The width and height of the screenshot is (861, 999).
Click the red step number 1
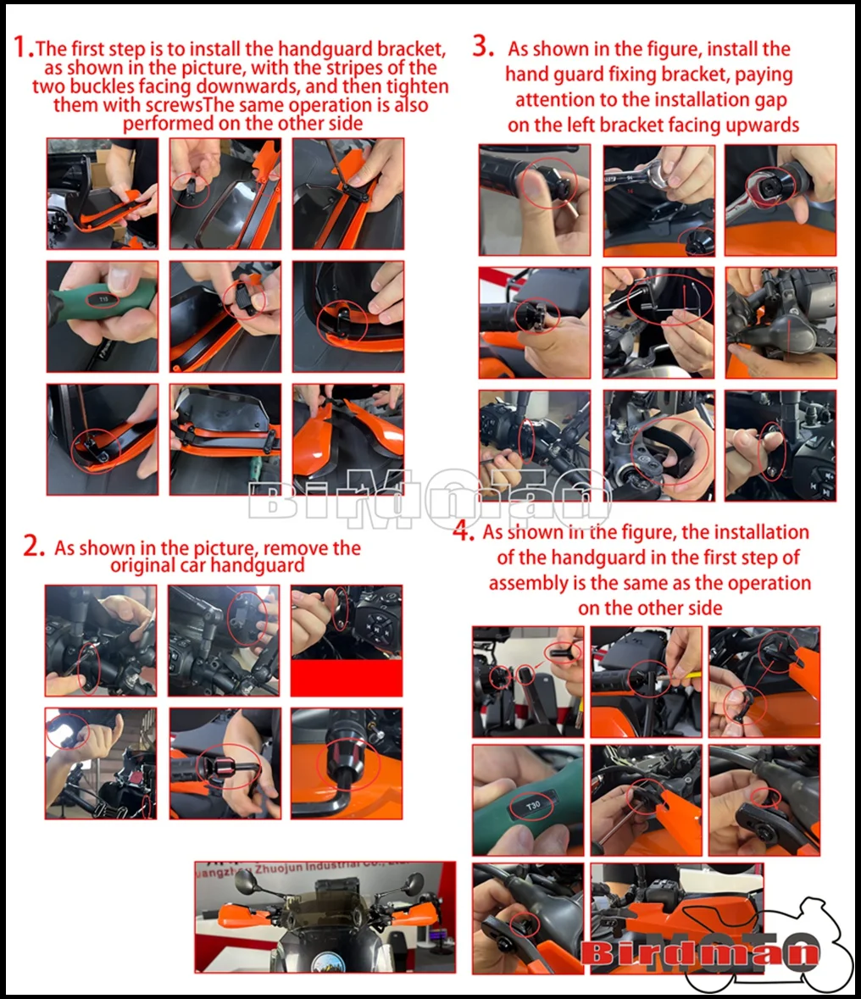(21, 47)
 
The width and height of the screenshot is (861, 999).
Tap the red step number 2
(33, 546)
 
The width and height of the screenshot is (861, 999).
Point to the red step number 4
(462, 530)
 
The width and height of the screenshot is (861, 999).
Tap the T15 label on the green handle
(104, 299)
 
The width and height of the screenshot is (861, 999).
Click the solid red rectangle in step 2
(346, 678)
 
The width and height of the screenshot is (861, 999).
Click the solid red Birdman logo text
(699, 952)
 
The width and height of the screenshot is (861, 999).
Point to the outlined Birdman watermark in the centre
(429, 500)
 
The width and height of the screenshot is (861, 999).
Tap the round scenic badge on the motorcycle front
(326, 962)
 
